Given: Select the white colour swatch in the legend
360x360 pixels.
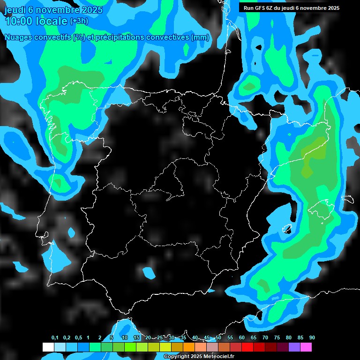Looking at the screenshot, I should (48, 347).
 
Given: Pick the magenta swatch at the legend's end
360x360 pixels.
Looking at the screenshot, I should (306, 347).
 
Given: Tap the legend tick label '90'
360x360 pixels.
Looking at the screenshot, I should (312, 338).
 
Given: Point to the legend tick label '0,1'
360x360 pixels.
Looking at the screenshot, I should (55, 338).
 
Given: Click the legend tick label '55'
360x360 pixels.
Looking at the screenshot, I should (230, 338).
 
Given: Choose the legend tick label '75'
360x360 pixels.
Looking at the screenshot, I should (277, 338).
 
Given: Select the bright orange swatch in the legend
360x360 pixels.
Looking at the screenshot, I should (188, 347).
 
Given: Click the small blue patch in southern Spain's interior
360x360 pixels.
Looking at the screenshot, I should (150, 273).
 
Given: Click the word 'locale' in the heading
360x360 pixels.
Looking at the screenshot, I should (53, 21).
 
